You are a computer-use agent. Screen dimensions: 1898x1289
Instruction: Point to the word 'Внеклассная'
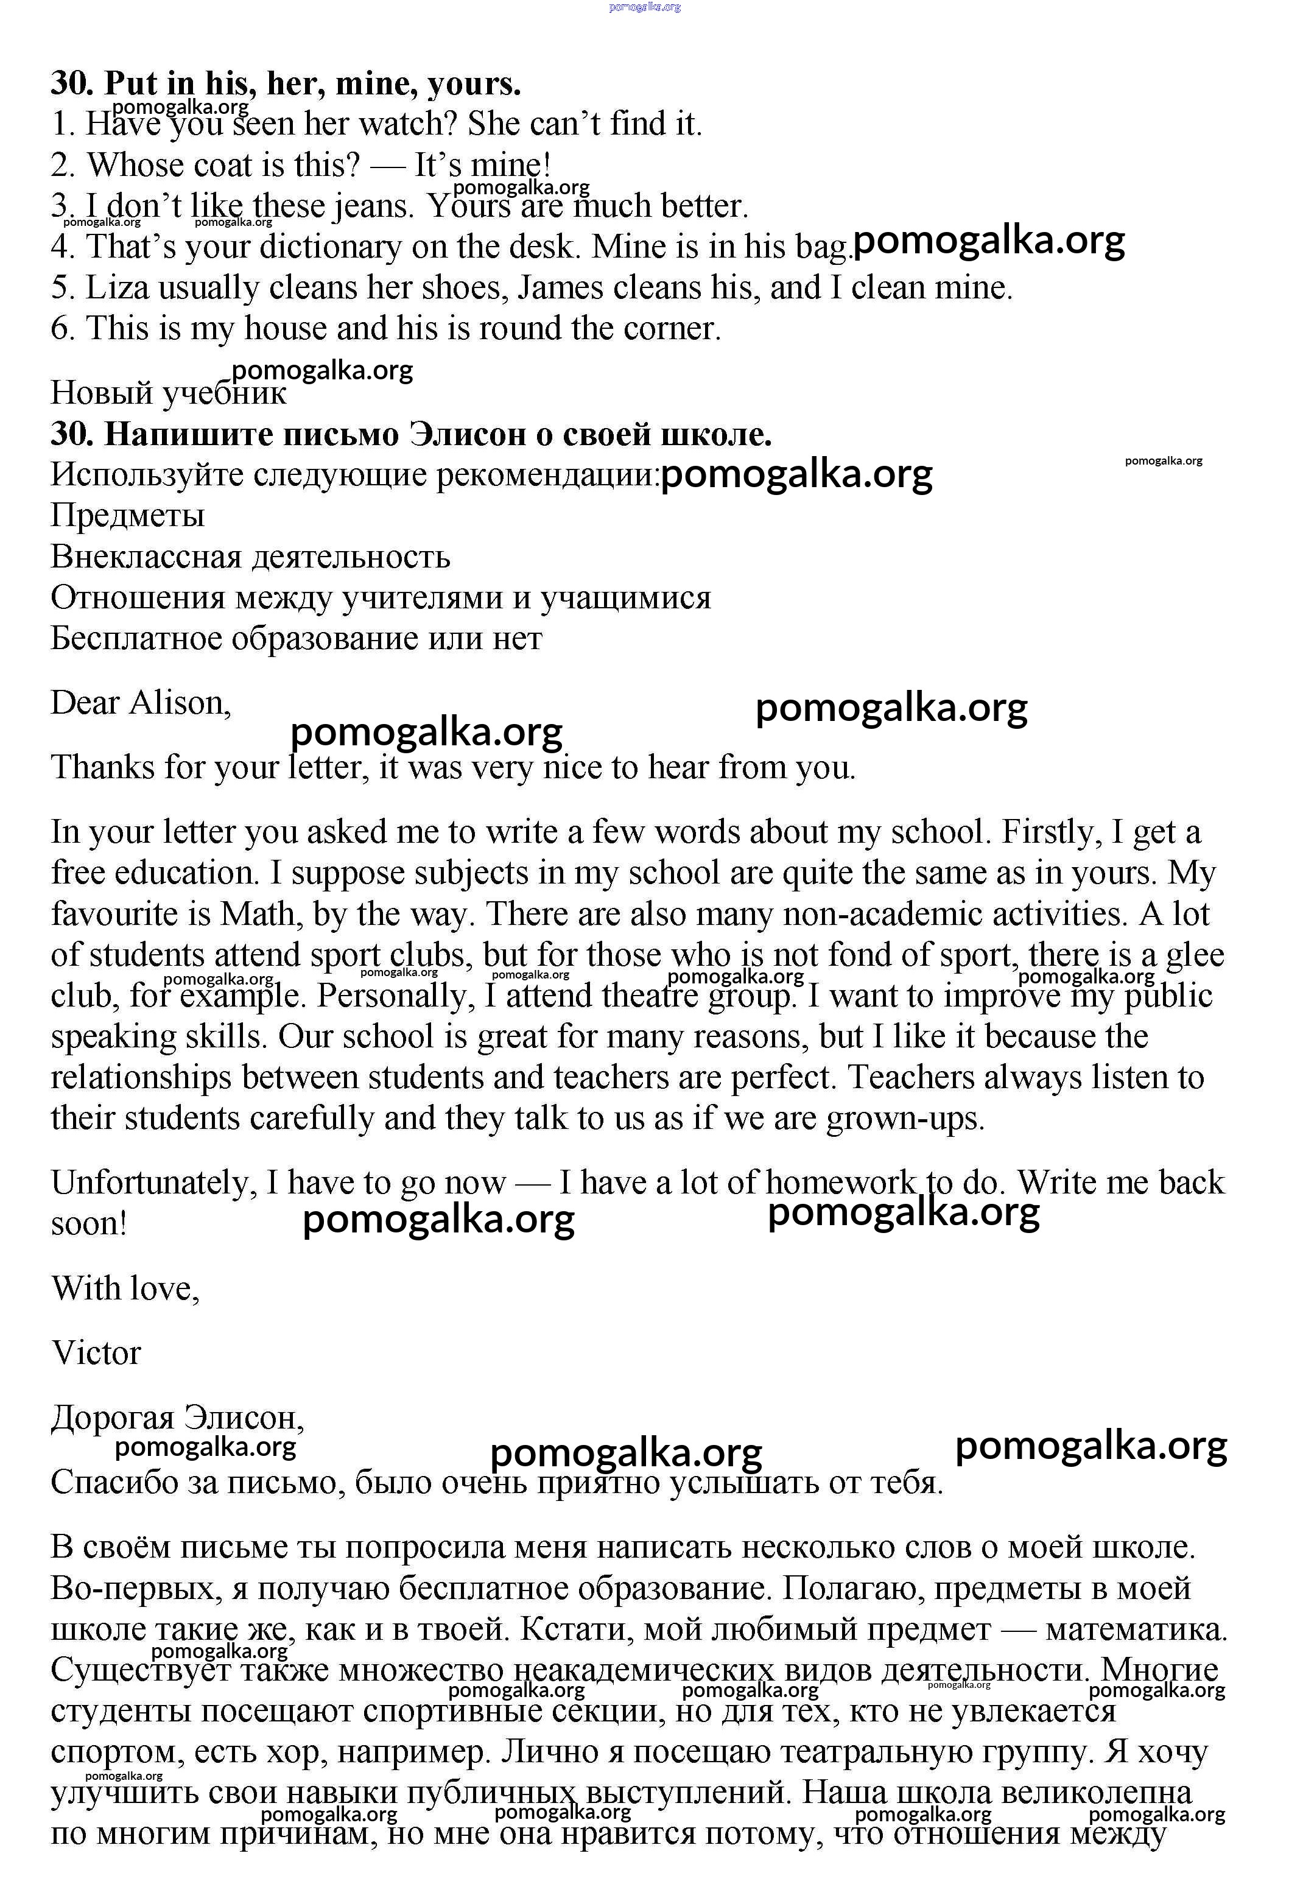[146, 557]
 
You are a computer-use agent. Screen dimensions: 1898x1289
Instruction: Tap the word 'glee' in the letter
[1194, 955]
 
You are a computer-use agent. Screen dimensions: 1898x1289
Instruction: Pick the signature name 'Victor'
[96, 1353]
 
